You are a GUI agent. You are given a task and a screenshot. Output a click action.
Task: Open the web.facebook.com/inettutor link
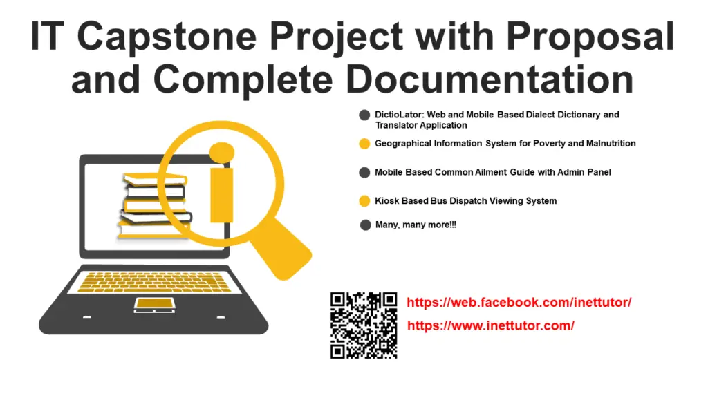coord(519,303)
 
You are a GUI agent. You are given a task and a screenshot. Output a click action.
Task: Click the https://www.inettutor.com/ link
coord(490,325)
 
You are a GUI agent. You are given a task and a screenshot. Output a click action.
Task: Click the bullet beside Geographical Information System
coord(365,144)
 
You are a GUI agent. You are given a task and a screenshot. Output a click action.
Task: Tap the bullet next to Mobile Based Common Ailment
coord(365,172)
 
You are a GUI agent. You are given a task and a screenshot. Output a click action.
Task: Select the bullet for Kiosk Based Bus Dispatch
coord(365,201)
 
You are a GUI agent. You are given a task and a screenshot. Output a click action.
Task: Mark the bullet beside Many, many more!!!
coord(365,225)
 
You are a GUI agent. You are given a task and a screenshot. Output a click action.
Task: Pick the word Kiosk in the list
coord(386,201)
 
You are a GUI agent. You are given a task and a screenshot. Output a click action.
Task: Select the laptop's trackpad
coord(153,303)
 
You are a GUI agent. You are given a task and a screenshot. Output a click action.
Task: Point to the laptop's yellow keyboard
coord(153,282)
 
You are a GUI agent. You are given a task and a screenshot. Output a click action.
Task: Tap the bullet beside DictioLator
coord(365,115)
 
